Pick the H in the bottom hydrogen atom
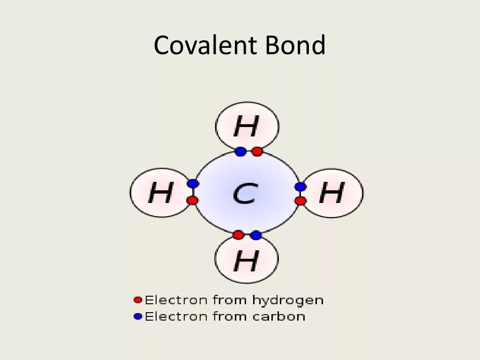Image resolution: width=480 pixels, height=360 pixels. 246,261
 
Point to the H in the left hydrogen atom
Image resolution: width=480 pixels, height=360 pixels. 160,193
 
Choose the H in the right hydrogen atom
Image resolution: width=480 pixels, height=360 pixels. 331,192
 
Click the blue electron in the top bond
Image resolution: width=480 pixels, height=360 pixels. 240,151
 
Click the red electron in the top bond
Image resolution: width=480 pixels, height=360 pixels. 257,151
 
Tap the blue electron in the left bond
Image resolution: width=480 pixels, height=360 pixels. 192,184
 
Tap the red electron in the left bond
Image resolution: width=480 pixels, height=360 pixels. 192,201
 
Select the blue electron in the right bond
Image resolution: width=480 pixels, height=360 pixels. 300,187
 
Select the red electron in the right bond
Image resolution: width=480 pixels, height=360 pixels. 300,201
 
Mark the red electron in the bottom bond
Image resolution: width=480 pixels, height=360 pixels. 238,235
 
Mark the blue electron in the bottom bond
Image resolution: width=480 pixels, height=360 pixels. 255,235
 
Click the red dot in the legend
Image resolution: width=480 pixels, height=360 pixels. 137,300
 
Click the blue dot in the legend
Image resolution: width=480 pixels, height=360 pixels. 137,316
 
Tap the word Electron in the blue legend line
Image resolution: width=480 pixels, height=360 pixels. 176,316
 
